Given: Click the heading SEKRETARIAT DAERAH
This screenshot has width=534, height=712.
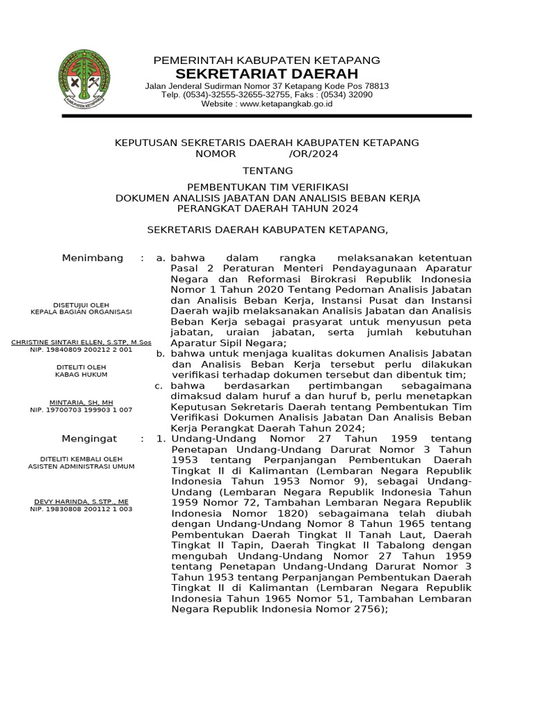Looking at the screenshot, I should [267, 74].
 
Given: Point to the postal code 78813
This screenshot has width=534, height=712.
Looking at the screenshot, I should [375, 86].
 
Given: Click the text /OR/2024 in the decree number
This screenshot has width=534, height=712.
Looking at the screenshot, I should [313, 154].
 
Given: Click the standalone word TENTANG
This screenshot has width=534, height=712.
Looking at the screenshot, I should [267, 171].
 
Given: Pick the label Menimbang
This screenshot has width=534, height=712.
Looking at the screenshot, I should [92, 258].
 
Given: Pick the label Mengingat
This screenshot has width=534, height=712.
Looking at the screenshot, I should [90, 439].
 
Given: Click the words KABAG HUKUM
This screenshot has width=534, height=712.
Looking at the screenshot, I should [81, 373].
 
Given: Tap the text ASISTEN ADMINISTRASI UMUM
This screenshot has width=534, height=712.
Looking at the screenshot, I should [81, 467].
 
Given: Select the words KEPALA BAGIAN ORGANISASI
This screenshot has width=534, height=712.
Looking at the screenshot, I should [81, 312].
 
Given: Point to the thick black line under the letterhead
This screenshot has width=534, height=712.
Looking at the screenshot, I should [267, 116].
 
